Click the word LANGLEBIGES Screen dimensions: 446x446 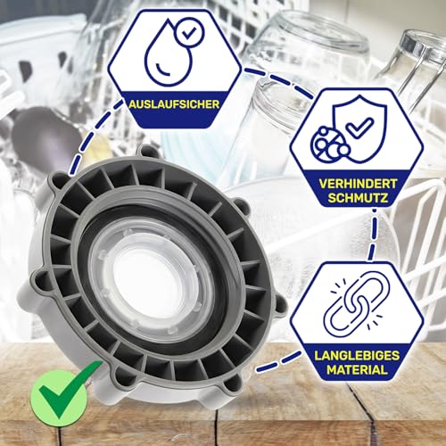(x=360, y=354)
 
